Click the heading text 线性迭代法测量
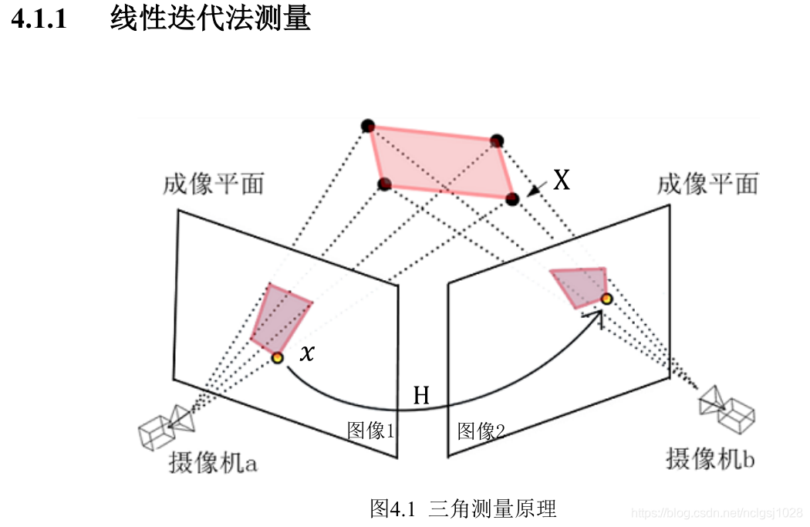(210, 18)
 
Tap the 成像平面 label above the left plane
(214, 184)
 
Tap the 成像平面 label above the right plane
(707, 184)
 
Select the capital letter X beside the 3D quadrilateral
(562, 181)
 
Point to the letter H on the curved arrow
(421, 396)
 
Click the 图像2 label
(481, 431)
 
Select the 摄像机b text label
(710, 458)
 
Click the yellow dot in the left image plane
(277, 357)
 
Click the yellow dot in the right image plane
(607, 299)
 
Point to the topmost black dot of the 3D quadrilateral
(368, 126)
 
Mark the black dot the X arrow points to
(512, 199)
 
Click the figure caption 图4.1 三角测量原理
(463, 509)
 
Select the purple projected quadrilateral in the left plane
(279, 319)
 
